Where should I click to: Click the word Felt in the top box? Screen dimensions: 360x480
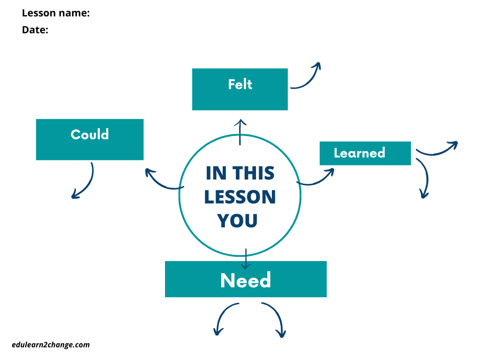[x=240, y=84]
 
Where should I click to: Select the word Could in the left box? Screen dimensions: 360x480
[x=90, y=135]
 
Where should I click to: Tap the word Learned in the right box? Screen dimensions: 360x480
[x=359, y=153]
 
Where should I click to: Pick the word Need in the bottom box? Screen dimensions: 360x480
[x=246, y=280]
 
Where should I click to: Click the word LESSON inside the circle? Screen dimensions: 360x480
[x=240, y=197]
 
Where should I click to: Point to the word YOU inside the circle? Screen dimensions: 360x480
[x=238, y=221]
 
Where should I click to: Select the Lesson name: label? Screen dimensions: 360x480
[x=56, y=13]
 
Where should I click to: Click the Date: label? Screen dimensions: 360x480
[x=35, y=30]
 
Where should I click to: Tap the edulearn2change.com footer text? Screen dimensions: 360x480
[x=51, y=345]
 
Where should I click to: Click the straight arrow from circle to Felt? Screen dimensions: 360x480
[x=241, y=132]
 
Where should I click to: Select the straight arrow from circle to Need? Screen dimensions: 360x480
[x=246, y=259]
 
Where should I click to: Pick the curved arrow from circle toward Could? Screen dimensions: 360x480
[x=162, y=180]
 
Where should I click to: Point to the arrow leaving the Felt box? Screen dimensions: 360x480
[x=307, y=77]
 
